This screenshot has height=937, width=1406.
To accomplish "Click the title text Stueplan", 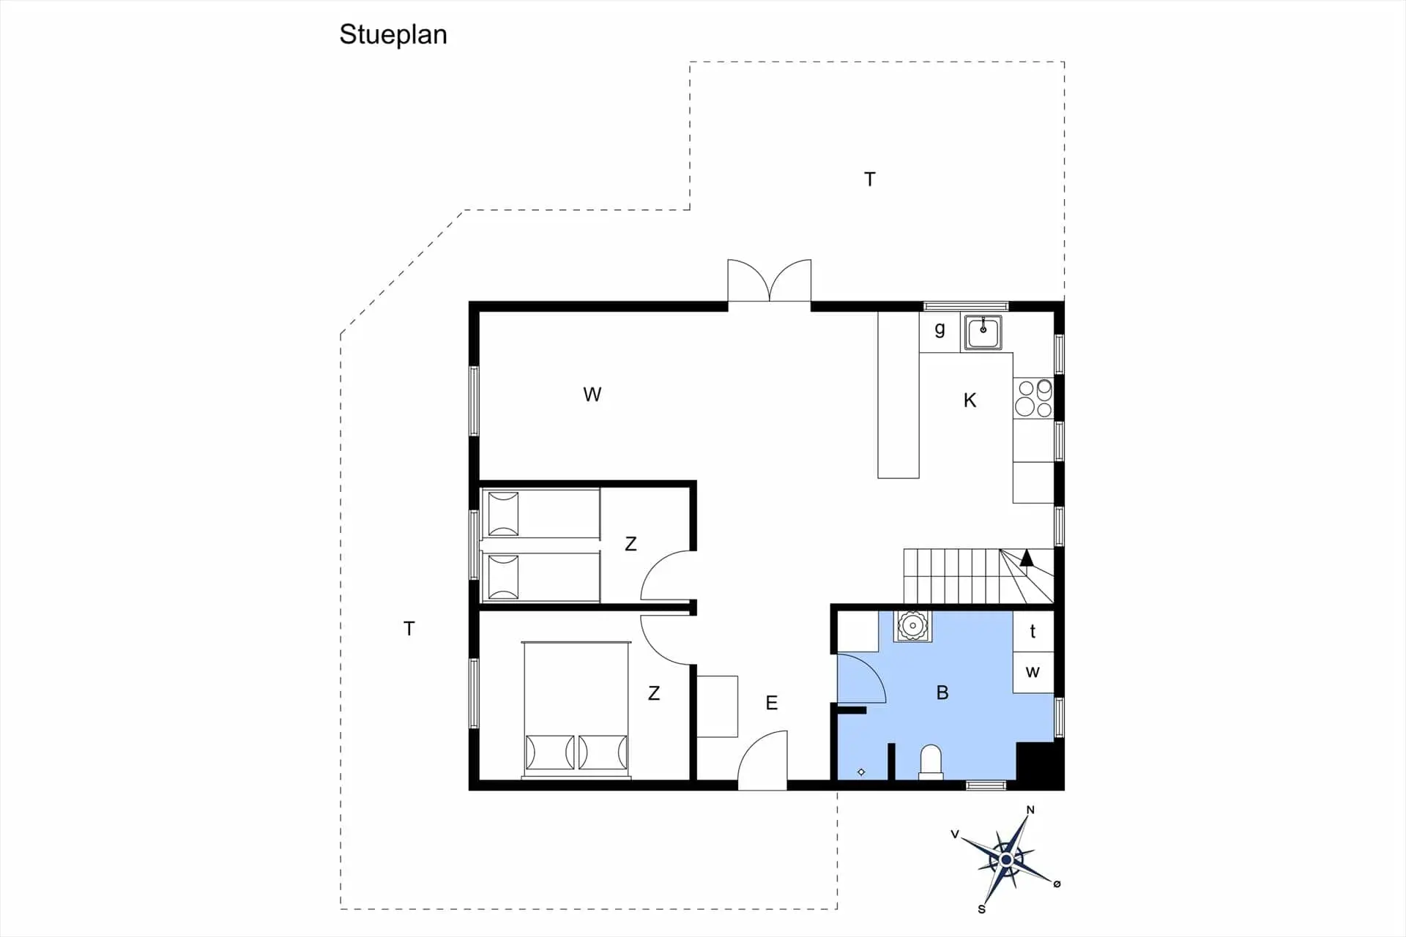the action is [393, 35].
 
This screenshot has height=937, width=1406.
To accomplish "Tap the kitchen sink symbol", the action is [983, 333].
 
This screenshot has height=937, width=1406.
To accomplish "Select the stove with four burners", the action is [1033, 398].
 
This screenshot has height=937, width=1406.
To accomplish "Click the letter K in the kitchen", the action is [970, 400].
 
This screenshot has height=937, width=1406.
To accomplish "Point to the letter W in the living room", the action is [592, 395].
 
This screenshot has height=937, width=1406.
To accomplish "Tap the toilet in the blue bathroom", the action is [931, 762].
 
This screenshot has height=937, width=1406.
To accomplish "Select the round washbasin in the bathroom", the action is [912, 626].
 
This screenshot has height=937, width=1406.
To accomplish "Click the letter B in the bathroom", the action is [942, 693].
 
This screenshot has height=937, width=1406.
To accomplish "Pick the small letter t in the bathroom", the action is [1033, 631].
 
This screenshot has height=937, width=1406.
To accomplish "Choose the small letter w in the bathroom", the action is [1033, 672].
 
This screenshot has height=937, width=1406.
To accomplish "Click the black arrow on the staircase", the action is [1027, 558].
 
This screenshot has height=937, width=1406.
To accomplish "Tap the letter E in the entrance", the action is [771, 703].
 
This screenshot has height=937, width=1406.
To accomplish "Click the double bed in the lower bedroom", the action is [576, 709].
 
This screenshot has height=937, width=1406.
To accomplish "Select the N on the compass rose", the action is [1030, 810].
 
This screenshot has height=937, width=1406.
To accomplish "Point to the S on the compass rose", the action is [981, 909].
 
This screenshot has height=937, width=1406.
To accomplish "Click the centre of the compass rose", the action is [1006, 859].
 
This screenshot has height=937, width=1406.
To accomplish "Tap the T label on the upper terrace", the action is [869, 179].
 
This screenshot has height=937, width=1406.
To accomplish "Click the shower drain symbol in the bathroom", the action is [861, 772].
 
